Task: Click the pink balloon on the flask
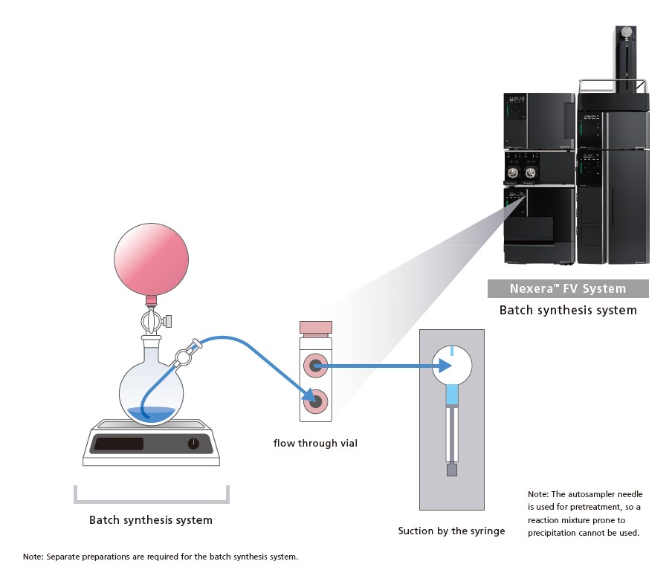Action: (x=152, y=259)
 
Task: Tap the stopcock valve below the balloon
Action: (x=153, y=320)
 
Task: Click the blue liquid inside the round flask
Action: (x=151, y=414)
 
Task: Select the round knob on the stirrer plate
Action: (x=193, y=444)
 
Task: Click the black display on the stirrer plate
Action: (x=119, y=444)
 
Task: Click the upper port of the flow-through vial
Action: (x=316, y=366)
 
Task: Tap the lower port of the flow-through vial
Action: (x=316, y=401)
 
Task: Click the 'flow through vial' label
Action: (x=315, y=443)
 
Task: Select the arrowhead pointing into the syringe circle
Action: (x=445, y=366)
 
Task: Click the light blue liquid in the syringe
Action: (x=452, y=395)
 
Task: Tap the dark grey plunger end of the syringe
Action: (x=452, y=470)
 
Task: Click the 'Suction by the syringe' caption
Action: (x=451, y=531)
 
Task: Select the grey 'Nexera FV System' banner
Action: (x=568, y=289)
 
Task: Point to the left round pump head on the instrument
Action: (x=513, y=172)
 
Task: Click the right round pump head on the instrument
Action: (x=531, y=172)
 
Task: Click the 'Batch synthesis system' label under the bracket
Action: (x=151, y=520)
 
